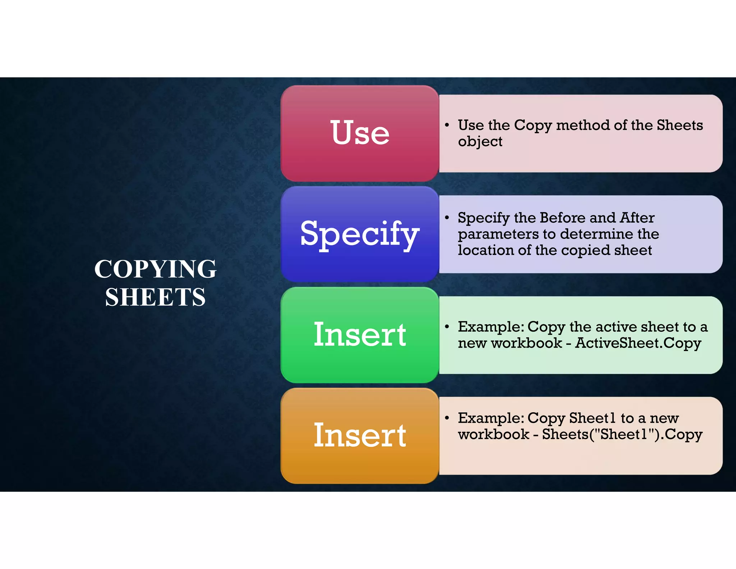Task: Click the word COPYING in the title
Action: [155, 269]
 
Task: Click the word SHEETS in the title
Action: [155, 297]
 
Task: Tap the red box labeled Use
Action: [360, 133]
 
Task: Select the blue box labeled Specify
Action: [360, 234]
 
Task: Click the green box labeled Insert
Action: [360, 335]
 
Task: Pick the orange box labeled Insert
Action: [360, 436]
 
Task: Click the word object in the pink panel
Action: [480, 142]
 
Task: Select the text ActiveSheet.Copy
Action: [638, 343]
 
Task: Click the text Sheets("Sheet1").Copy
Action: [622, 434]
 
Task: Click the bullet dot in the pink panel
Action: [447, 125]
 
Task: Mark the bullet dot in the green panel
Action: [447, 327]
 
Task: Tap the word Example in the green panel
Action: [491, 327]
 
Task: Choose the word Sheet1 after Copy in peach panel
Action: [593, 418]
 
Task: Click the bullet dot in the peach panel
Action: [447, 418]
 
